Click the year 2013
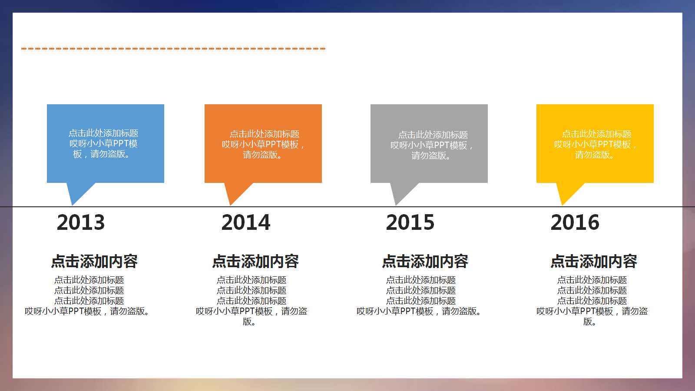click(81, 222)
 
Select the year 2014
click(245, 222)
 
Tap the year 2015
click(410, 222)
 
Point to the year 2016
click(575, 222)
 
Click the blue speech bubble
click(106, 143)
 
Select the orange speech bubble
click(263, 143)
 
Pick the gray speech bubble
click(429, 143)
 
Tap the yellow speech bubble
click(595, 143)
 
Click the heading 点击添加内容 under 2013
click(94, 261)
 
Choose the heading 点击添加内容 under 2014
click(255, 261)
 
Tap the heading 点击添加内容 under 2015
click(425, 261)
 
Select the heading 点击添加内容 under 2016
click(594, 261)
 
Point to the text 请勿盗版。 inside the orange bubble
click(262, 155)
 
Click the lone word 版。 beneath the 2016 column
click(589, 321)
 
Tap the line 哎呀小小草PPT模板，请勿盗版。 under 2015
click(419, 311)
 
